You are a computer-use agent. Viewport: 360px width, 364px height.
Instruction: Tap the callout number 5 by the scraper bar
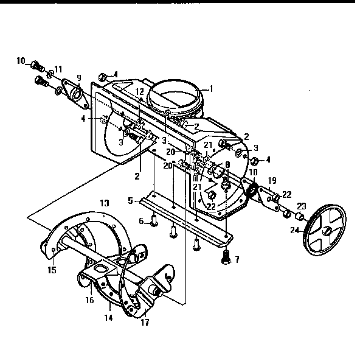pyautogui.click(x=130, y=200)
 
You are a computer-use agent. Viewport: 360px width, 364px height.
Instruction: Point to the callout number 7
pyautogui.click(x=237, y=259)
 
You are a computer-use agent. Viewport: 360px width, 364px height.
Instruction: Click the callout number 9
pyautogui.click(x=78, y=77)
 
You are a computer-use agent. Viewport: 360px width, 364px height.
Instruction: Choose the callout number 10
pyautogui.click(x=20, y=61)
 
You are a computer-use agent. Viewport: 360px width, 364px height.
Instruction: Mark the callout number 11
pyautogui.click(x=58, y=68)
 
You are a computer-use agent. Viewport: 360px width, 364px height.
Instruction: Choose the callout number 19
pyautogui.click(x=272, y=180)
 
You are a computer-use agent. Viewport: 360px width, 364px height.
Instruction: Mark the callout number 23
pyautogui.click(x=301, y=206)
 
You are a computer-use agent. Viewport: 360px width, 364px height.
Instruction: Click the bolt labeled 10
pyautogui.click(x=36, y=63)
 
